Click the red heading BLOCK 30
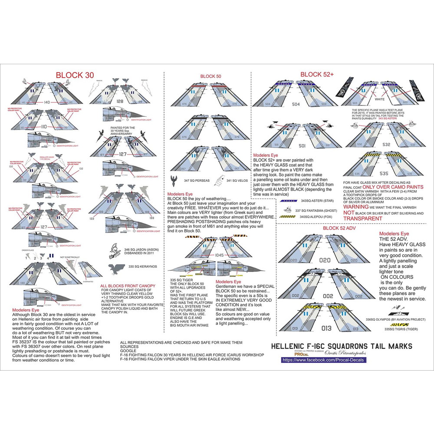(75, 75)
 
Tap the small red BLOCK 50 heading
(210, 76)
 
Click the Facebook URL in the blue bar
(324, 360)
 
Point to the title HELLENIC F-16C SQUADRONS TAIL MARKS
(342, 346)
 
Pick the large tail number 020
(325, 260)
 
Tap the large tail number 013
(326, 329)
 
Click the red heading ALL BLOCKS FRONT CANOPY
(128, 286)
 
